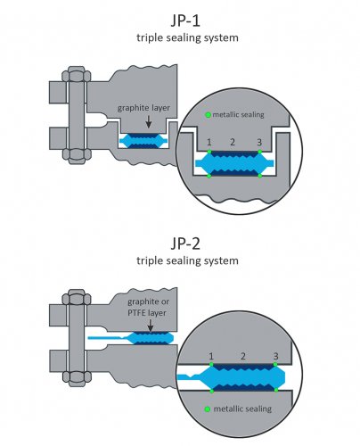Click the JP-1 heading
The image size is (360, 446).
(x=185, y=21)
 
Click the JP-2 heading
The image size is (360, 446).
(x=185, y=244)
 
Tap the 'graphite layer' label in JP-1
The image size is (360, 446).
(x=143, y=108)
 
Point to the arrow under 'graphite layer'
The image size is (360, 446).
(x=149, y=122)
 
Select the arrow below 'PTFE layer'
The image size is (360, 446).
(x=151, y=326)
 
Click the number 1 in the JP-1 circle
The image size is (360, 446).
(x=209, y=142)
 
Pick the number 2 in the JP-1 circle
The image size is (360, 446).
(x=233, y=142)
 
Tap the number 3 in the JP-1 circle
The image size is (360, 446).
(x=259, y=143)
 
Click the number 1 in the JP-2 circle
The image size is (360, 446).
(x=211, y=356)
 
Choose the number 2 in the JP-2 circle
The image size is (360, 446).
(x=243, y=356)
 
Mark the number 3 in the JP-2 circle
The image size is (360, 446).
(x=276, y=356)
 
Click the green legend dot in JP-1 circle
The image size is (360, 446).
(x=209, y=114)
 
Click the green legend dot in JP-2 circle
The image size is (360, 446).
(x=208, y=409)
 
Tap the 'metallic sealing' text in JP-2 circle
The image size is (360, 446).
(x=242, y=409)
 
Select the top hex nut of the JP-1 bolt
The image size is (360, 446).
(x=77, y=75)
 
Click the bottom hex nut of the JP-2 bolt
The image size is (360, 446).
(x=77, y=378)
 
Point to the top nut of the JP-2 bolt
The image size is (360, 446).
(x=77, y=297)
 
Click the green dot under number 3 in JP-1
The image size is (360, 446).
(x=260, y=152)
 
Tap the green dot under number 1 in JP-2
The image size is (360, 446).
(x=211, y=364)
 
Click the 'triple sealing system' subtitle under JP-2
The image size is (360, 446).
(x=187, y=260)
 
